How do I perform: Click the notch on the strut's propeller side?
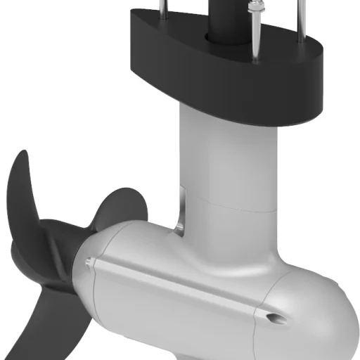pyautogui.click(x=181, y=211)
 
